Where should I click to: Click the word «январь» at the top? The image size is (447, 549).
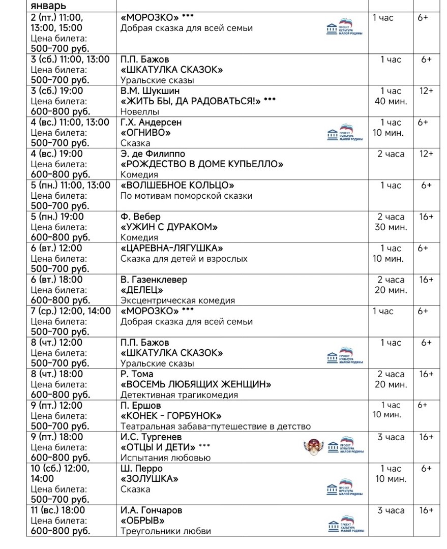(x=48, y=6)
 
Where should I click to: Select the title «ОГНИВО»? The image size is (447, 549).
(x=145, y=133)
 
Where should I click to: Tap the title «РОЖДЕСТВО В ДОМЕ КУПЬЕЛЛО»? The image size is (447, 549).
(x=202, y=164)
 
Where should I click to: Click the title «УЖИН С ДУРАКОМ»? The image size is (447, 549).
(x=169, y=227)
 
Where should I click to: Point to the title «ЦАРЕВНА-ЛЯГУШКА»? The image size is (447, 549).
(x=172, y=248)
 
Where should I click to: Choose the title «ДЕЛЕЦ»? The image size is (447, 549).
(x=142, y=290)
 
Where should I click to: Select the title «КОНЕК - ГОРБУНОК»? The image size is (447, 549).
(x=171, y=416)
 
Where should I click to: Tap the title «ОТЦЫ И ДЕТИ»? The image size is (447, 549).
(x=158, y=447)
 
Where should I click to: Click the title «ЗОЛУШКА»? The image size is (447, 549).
(x=150, y=479)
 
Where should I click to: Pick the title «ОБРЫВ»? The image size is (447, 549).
(x=143, y=521)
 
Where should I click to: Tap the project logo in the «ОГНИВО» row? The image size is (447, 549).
(x=345, y=133)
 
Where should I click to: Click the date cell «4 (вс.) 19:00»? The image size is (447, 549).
(x=56, y=154)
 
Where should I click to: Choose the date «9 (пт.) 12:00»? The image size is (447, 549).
(x=56, y=406)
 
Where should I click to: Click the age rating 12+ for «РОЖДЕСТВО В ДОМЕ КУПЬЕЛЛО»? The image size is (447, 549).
(x=426, y=154)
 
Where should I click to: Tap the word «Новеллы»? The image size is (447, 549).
(x=140, y=112)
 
